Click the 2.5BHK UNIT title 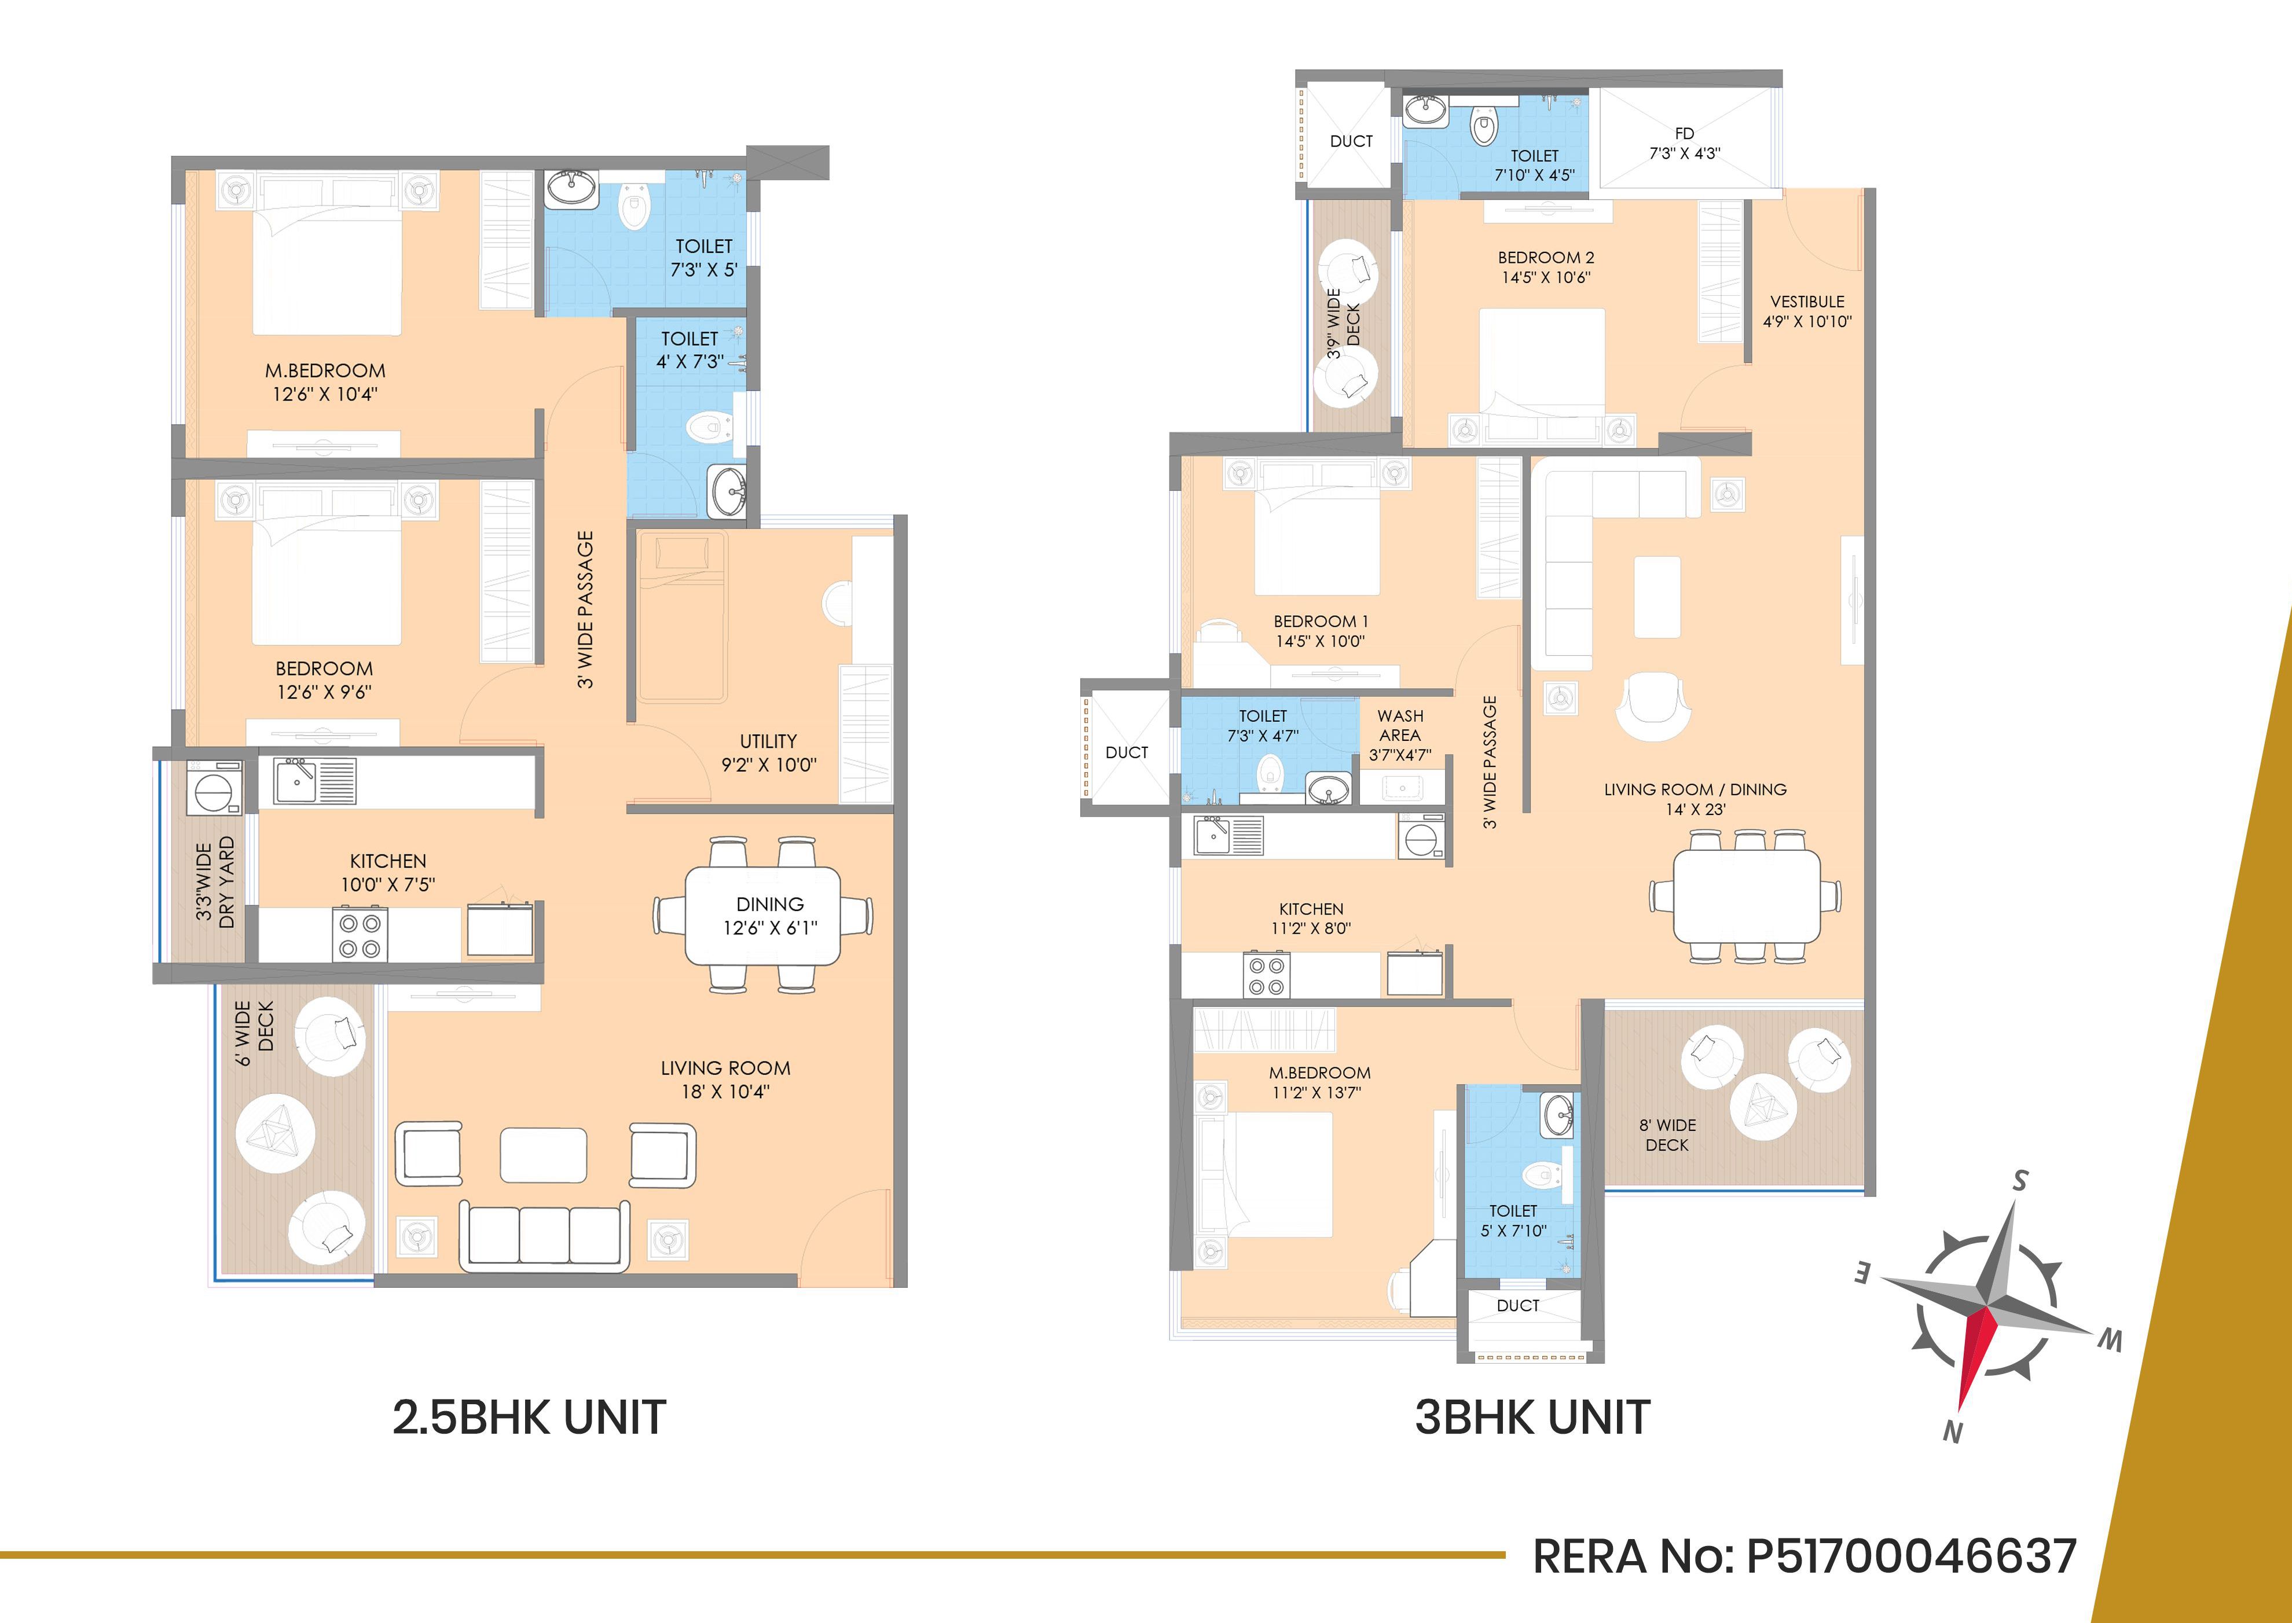529,1417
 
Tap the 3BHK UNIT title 1532,1417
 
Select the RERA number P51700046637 1911,1556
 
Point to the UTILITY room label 768,741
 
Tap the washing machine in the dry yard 214,788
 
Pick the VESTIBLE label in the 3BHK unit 1807,302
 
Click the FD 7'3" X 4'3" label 1684,143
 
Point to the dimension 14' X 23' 1695,810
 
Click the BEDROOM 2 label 1545,258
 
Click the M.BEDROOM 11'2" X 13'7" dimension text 1319,1092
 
